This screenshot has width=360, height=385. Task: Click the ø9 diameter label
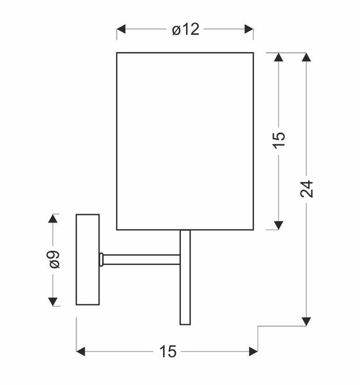pyautogui.click(x=54, y=259)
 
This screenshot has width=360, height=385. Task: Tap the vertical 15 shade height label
pyautogui.click(x=279, y=141)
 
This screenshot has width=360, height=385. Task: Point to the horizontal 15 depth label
pyautogui.click(x=167, y=351)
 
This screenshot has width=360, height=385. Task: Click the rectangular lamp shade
pyautogui.click(x=185, y=141)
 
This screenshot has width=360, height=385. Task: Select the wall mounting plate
pyautogui.click(x=88, y=259)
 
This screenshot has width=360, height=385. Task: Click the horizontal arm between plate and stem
pyautogui.click(x=141, y=259)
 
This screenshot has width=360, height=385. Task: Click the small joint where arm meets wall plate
pyautogui.click(x=101, y=259)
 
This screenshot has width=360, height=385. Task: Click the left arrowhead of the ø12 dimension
pyautogui.click(x=121, y=30)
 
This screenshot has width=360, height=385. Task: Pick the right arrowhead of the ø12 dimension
pyautogui.click(x=250, y=30)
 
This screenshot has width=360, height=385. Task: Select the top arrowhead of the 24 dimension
pyautogui.click(x=307, y=57)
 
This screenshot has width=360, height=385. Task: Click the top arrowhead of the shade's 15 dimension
pyautogui.click(x=279, y=57)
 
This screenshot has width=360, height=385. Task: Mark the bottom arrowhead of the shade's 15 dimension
pyautogui.click(x=279, y=224)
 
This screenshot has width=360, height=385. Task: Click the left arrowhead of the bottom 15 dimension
pyautogui.click(x=81, y=351)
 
